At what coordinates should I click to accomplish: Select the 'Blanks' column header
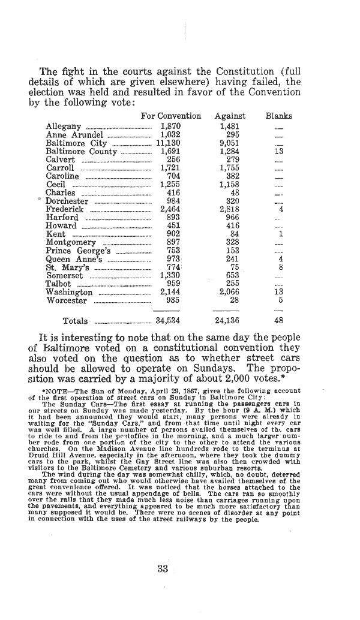(x=279, y=116)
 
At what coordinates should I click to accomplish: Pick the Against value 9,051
(x=230, y=143)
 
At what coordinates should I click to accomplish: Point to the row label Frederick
(x=65, y=209)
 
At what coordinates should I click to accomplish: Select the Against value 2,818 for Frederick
(x=230, y=209)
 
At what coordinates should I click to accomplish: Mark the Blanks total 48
(x=278, y=320)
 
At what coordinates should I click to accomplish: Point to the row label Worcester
(x=67, y=300)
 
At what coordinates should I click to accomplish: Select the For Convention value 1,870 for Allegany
(x=170, y=127)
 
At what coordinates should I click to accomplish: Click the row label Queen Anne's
(x=74, y=259)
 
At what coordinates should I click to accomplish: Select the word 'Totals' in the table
(x=74, y=321)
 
